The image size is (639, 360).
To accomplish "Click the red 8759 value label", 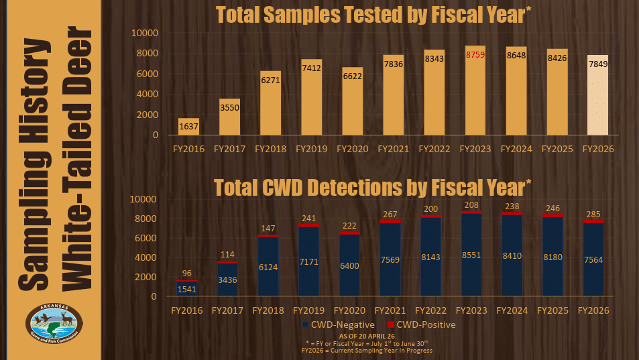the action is click(475, 54).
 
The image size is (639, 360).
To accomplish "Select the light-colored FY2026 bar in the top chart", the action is click(597, 95).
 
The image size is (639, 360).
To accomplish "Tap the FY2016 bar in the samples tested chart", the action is click(188, 126).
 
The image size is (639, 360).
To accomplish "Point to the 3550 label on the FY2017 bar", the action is click(229, 107).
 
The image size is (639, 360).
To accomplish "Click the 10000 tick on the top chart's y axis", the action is click(145, 33).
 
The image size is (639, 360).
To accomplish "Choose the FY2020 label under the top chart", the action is click(353, 149).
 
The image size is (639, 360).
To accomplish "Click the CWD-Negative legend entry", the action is click(338, 324).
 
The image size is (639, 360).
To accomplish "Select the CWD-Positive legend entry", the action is click(421, 324).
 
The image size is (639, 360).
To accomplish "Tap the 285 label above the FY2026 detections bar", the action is click(593, 215).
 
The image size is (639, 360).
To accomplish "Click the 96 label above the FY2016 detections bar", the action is click(186, 274).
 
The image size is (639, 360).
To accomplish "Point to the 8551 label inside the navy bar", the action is click(471, 255).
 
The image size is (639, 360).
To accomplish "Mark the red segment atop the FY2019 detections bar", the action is click(308, 226).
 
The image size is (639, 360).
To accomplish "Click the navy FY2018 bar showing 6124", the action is click(268, 266).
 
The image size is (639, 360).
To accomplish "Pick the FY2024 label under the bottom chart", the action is click(512, 310).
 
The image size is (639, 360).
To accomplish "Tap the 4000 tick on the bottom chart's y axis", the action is click(146, 258).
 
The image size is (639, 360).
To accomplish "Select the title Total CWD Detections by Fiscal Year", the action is click(373, 188).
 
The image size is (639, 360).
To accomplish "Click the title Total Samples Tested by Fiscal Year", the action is click(373, 15).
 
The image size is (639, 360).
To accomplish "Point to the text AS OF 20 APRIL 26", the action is click(367, 337).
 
